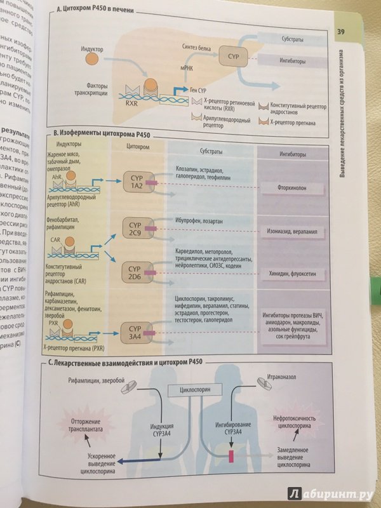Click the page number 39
tap(340, 32)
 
